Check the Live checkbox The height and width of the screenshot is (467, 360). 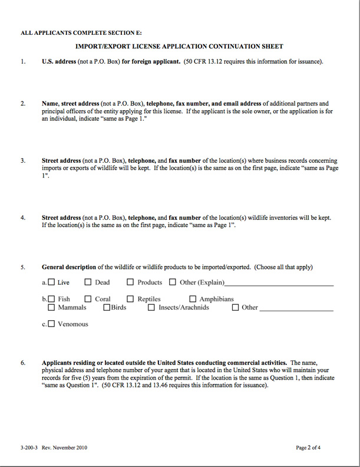[51, 282]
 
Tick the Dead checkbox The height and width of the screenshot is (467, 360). [88, 282]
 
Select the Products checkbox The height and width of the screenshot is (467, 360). [131, 282]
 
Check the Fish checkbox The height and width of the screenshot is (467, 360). [51, 299]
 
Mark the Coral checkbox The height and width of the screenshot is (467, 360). [88, 299]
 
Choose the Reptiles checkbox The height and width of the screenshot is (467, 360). [131, 299]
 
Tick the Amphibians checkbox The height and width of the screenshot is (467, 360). [193, 299]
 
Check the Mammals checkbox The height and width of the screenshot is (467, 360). [51, 307]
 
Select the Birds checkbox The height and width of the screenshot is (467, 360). [107, 307]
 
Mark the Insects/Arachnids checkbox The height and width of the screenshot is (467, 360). [151, 307]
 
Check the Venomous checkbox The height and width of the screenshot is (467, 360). [51, 324]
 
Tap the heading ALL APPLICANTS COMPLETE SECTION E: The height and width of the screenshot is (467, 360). [81, 33]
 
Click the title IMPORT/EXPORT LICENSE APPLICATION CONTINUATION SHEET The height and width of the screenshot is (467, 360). [179, 46]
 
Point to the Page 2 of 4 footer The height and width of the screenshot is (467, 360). [308, 448]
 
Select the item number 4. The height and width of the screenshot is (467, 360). [23, 218]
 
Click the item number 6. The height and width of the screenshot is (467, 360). [23, 363]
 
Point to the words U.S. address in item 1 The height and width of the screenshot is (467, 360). [59, 61]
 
